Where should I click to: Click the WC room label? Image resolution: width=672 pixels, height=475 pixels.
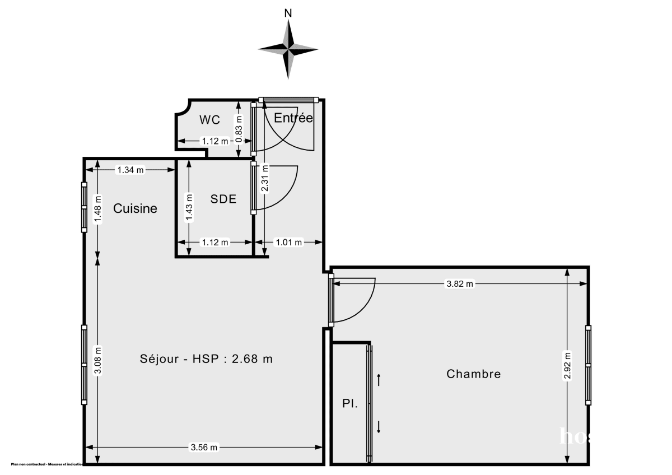click(x=209, y=120)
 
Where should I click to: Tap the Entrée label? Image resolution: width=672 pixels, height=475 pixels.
click(x=293, y=118)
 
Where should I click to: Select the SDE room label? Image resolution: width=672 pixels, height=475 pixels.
click(x=223, y=199)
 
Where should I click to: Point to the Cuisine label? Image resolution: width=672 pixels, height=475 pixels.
click(x=135, y=208)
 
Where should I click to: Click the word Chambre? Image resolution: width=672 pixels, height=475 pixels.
click(x=473, y=374)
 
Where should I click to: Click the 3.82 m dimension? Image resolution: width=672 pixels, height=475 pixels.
click(x=459, y=284)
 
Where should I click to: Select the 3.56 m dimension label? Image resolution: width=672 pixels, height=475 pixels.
click(x=204, y=447)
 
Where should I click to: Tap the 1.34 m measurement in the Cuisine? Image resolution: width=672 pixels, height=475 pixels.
click(x=130, y=170)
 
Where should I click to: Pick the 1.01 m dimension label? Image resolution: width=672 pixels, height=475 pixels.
click(x=288, y=242)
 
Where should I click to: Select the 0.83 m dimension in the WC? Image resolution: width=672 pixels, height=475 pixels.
click(x=239, y=127)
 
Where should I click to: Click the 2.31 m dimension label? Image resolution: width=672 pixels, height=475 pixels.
click(x=265, y=178)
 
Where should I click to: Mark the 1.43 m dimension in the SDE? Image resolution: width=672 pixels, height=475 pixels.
click(x=189, y=208)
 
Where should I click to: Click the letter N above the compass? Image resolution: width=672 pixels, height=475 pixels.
click(x=288, y=13)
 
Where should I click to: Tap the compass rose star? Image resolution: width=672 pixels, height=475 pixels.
click(x=288, y=49)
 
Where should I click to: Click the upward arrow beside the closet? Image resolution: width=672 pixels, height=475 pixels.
click(x=379, y=380)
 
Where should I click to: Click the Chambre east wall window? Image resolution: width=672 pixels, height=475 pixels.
click(x=588, y=365)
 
